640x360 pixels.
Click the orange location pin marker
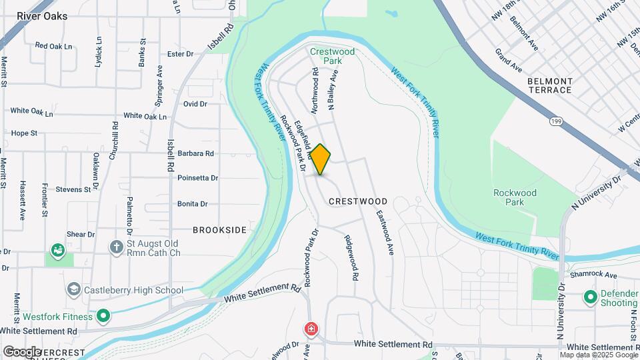pos(321,160)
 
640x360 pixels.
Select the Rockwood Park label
pos(514,197)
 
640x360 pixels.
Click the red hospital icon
pos(311,329)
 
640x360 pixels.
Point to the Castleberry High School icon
pos(73,290)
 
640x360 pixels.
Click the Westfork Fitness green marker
pos(103,315)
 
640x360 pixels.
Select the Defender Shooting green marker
pos(589,296)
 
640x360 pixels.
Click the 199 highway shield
pos(555,121)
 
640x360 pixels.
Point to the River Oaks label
pos(42,16)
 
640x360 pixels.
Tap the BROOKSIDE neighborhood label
pos(219,230)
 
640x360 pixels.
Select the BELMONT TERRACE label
pos(549,85)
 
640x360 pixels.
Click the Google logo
pos(22,351)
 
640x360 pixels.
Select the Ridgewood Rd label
pos(351,257)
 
